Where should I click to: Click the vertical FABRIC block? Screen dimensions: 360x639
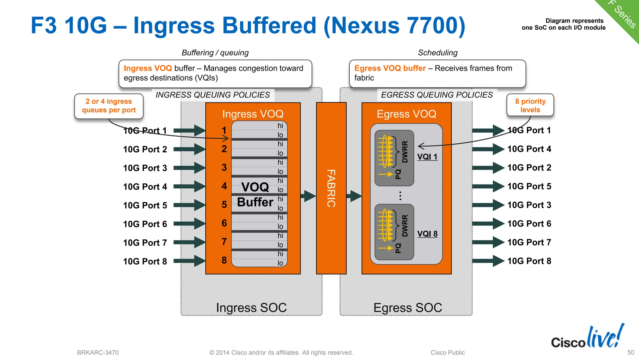(x=331, y=188)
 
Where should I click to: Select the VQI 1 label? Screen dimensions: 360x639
(x=427, y=157)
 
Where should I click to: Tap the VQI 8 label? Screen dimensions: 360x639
(x=427, y=234)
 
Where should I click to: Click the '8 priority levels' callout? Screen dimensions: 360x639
(x=530, y=106)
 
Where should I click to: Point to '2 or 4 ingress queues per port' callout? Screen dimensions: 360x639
(x=109, y=106)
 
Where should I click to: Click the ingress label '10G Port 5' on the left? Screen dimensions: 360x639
(x=145, y=205)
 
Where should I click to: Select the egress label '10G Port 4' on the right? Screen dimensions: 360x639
(x=529, y=149)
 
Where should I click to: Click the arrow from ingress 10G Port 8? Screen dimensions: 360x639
(x=189, y=261)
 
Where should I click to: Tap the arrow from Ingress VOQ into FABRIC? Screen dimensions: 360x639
(x=308, y=196)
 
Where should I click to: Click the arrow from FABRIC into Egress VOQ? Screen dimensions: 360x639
(x=354, y=196)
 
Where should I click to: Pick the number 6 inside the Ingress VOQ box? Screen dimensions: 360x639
(x=224, y=223)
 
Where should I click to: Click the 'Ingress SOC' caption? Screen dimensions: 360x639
(x=251, y=308)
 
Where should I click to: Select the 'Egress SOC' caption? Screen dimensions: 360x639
(x=407, y=308)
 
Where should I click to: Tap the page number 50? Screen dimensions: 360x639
(x=631, y=353)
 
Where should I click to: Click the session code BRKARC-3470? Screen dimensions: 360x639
(x=98, y=353)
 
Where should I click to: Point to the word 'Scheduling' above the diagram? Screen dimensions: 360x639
(x=437, y=53)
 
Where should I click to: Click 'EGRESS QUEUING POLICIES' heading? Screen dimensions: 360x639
(x=437, y=95)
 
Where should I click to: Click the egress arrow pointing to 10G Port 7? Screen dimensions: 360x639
(x=488, y=242)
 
